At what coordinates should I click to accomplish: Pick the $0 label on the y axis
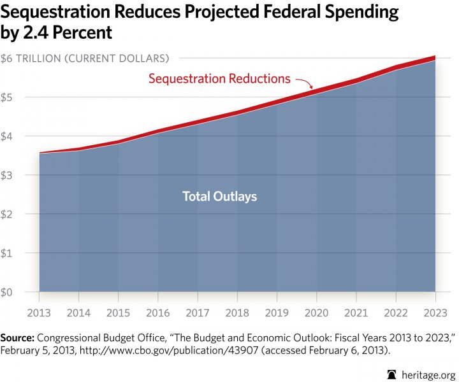tap(7, 292)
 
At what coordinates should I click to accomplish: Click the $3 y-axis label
tap(7, 175)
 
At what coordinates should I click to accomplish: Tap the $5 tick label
tap(7, 97)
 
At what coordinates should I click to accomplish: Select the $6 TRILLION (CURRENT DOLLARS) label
tap(85, 59)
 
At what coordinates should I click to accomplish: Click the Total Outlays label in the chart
tap(220, 197)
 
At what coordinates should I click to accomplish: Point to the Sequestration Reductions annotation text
tap(219, 79)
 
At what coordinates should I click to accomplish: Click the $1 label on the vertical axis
tap(7, 253)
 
